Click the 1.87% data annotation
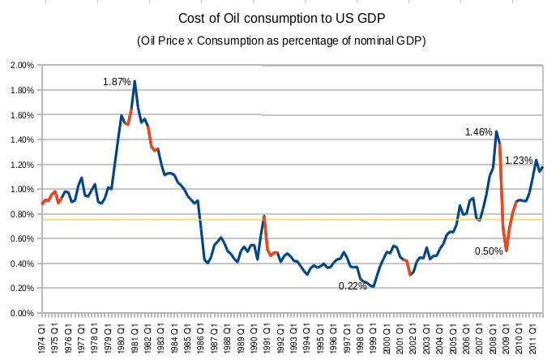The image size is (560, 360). [x=117, y=81]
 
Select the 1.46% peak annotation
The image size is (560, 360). [x=479, y=131]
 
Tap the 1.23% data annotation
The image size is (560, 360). [x=519, y=161]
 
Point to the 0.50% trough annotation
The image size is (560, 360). [x=489, y=251]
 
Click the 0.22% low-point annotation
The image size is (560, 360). [x=352, y=285]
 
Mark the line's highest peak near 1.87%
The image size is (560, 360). [x=135, y=81]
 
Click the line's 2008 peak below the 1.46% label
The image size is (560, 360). [x=496, y=131]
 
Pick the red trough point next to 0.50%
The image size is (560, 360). [x=507, y=251]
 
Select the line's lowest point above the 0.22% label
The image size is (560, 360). [x=374, y=286]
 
